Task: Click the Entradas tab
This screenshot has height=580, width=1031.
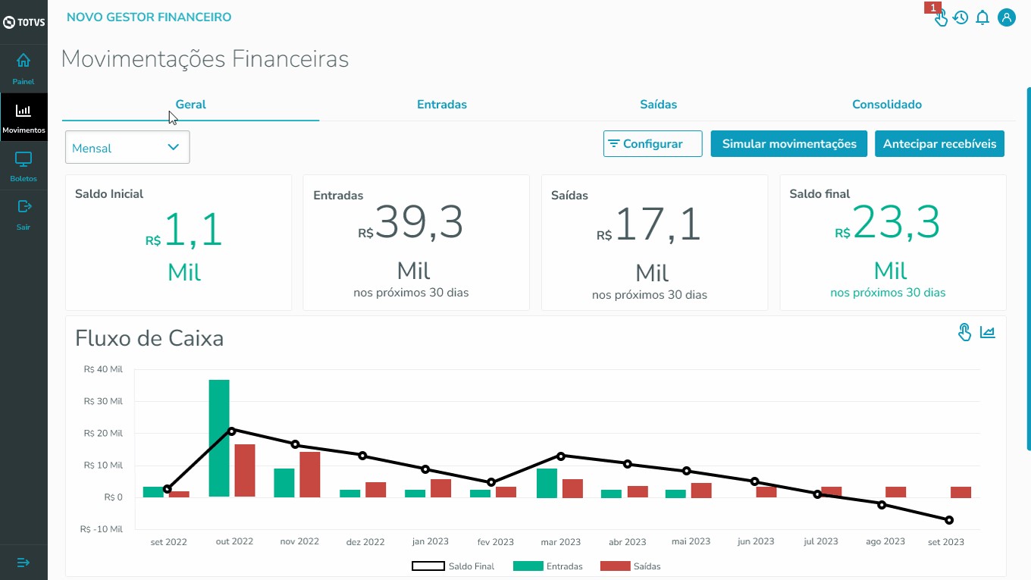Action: tap(442, 105)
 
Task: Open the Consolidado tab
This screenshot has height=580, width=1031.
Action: tap(886, 105)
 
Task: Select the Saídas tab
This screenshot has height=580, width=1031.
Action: tap(658, 105)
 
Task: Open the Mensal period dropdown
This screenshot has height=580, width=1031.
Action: tap(127, 148)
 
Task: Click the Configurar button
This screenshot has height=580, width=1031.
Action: tap(653, 144)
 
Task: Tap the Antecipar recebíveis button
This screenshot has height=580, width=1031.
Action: tap(939, 144)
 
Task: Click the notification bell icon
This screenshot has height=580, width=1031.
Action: tap(982, 17)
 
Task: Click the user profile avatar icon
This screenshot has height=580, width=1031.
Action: tap(1007, 17)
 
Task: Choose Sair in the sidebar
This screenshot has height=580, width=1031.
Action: tap(24, 214)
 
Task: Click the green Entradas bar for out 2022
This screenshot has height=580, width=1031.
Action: tap(219, 438)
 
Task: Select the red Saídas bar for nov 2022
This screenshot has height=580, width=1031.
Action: tap(310, 474)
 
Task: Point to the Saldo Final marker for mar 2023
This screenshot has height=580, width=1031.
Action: tap(561, 456)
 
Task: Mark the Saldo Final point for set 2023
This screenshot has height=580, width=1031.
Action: tap(949, 520)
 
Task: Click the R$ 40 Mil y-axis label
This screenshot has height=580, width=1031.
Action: tap(103, 370)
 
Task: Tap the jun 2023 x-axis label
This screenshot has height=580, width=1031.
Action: tap(756, 541)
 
